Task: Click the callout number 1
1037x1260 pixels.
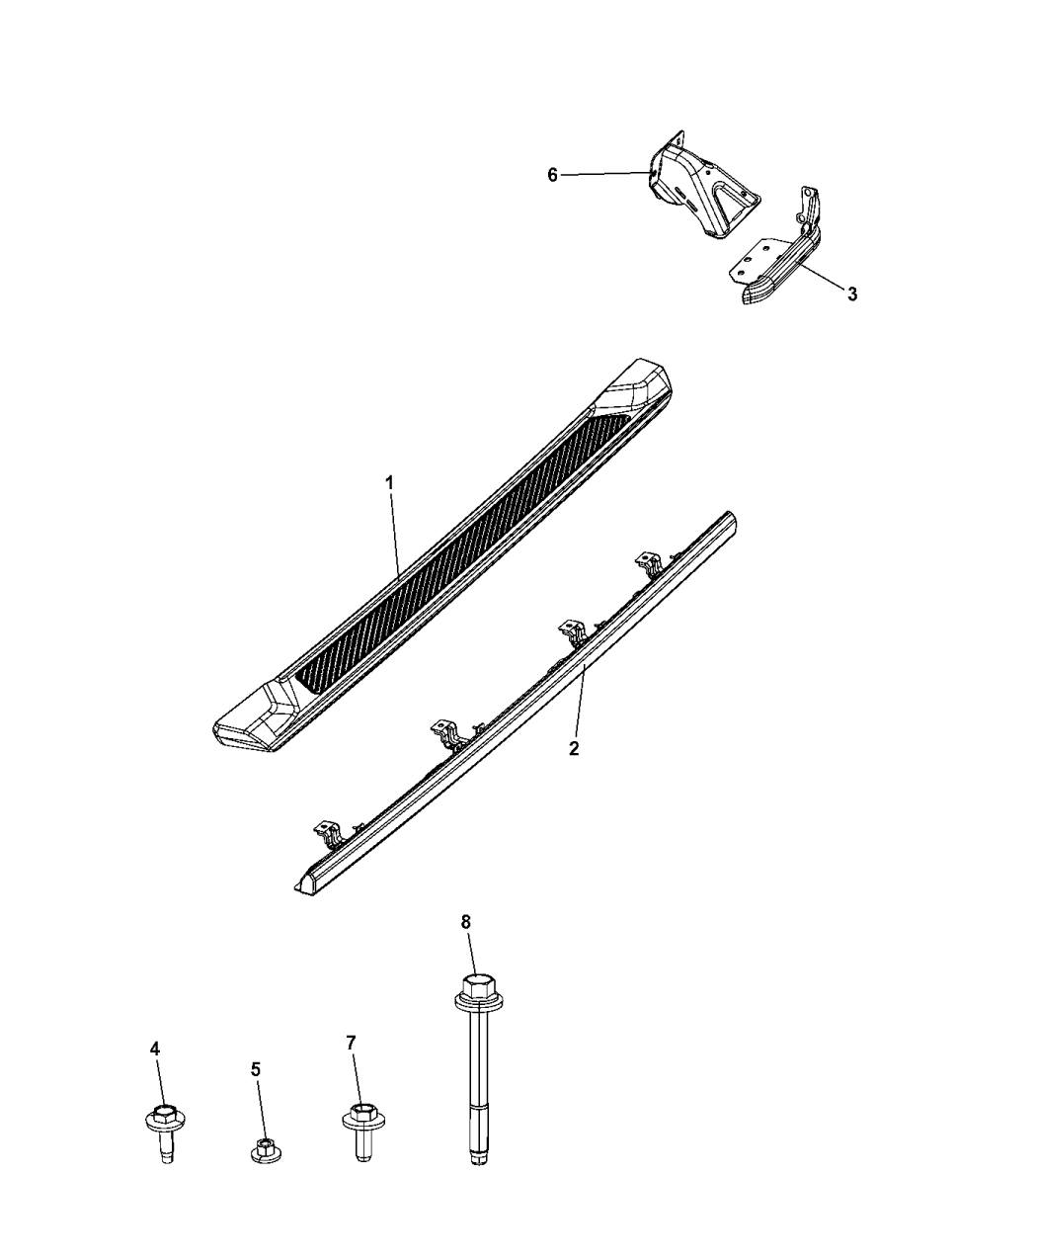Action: tap(389, 483)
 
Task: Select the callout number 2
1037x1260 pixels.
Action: tap(573, 748)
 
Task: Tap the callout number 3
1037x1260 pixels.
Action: tap(851, 294)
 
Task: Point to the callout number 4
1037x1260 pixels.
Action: tap(154, 1048)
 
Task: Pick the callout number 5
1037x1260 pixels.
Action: tap(256, 1068)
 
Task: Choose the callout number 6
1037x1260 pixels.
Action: tap(553, 175)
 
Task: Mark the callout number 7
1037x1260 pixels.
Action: tap(351, 1043)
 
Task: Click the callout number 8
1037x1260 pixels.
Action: tap(465, 921)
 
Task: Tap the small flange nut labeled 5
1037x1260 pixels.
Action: tap(263, 1150)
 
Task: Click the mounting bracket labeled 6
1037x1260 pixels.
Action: tap(701, 188)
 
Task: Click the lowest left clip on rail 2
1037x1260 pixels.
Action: tap(328, 832)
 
